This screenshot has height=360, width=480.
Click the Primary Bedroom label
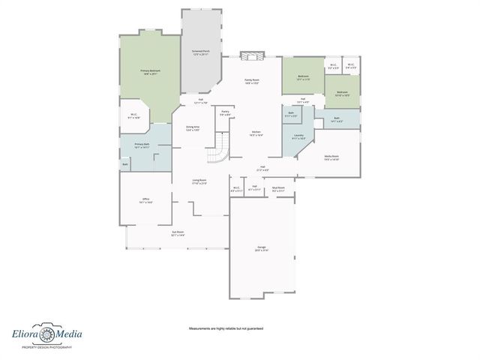click(149, 72)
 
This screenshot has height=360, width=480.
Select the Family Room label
click(252, 81)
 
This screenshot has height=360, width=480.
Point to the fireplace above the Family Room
click(252, 56)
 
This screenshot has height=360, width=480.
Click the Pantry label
click(225, 112)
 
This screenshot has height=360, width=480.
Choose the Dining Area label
click(193, 128)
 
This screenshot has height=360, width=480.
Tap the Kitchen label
click(256, 133)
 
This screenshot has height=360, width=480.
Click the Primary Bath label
click(142, 145)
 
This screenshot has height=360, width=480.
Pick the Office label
click(145, 200)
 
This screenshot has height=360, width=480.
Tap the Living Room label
click(199, 181)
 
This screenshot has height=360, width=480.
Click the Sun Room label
click(178, 234)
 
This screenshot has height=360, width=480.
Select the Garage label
click(261, 249)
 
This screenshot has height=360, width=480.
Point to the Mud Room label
click(278, 189)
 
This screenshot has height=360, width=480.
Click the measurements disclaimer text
click(225, 328)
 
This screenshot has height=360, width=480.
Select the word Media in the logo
click(70, 334)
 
